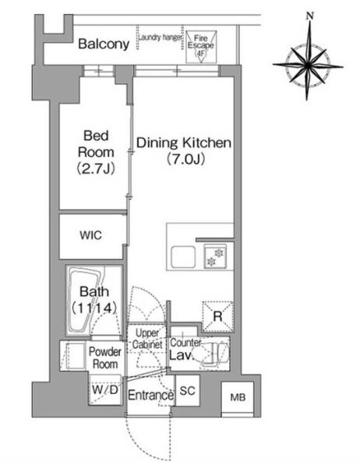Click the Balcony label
(x=104, y=44)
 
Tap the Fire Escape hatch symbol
(x=201, y=47)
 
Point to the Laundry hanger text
(x=160, y=37)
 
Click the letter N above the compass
(x=310, y=16)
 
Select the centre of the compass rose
(x=308, y=65)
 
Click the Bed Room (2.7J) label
(x=96, y=152)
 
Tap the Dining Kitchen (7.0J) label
(x=184, y=151)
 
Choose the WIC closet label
(x=90, y=236)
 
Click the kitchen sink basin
(x=183, y=257)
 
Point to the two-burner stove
(x=215, y=257)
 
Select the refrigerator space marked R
(x=217, y=317)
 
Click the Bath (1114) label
(x=94, y=300)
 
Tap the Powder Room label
(x=105, y=358)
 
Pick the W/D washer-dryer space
(x=105, y=389)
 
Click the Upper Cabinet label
(x=147, y=339)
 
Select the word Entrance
(x=150, y=395)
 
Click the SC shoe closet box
(x=188, y=391)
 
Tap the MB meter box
(x=238, y=397)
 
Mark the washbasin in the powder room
(x=75, y=356)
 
